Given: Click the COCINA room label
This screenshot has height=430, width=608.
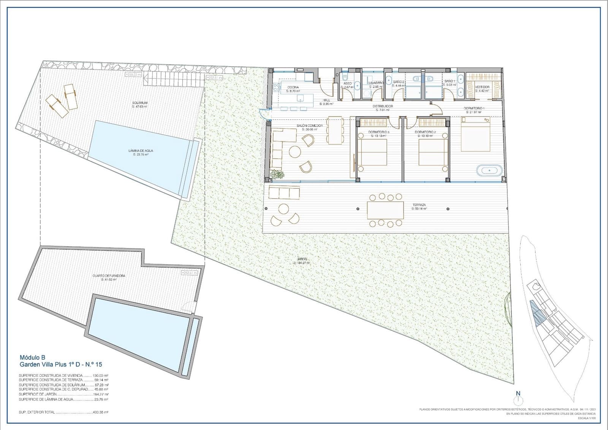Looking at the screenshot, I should (293, 87).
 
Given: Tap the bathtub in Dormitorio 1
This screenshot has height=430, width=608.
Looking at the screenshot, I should (489, 170).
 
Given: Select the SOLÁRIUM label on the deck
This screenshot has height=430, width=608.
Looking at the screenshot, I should (139, 103).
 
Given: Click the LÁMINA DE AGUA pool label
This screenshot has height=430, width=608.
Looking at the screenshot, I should (141, 151).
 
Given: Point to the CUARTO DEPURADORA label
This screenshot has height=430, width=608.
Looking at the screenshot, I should (109, 276).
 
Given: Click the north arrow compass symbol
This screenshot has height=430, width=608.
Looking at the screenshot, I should (518, 400).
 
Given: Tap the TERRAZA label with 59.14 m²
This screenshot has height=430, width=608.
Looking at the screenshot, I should (419, 205).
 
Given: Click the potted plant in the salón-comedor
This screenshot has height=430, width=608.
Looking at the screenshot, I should (277, 175).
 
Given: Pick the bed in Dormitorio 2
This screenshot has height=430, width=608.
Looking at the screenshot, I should (433, 153).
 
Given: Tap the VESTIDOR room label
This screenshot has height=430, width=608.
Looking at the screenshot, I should (482, 87).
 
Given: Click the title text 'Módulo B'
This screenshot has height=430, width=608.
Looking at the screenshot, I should (33, 357).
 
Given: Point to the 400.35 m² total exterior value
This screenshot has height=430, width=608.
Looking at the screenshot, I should (101, 412).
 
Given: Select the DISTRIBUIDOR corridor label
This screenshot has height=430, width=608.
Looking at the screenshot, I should (382, 106).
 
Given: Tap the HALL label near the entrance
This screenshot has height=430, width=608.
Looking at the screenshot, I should (326, 100).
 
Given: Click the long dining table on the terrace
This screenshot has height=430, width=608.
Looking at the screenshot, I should (385, 210).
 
